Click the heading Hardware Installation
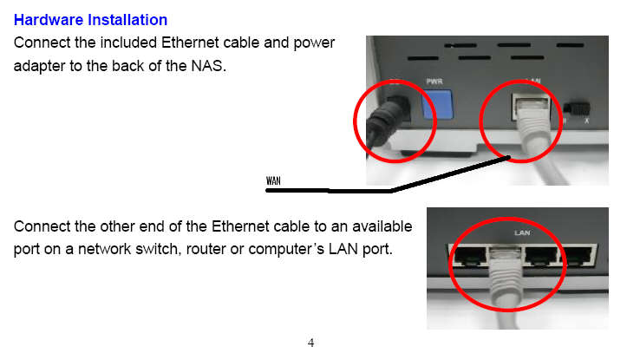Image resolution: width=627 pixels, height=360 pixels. [90, 20]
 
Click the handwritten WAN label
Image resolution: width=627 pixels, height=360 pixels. [273, 180]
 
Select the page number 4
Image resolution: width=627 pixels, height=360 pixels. [310, 343]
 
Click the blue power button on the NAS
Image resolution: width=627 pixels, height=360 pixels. [437, 104]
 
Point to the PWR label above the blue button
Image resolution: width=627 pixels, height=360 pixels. [434, 82]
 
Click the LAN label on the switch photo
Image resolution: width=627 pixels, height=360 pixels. [522, 232]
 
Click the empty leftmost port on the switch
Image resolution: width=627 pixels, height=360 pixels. [470, 257]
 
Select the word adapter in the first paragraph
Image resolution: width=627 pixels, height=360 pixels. [39, 66]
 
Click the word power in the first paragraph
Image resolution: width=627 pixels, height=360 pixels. [314, 43]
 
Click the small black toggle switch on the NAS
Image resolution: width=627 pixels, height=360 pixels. [576, 108]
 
